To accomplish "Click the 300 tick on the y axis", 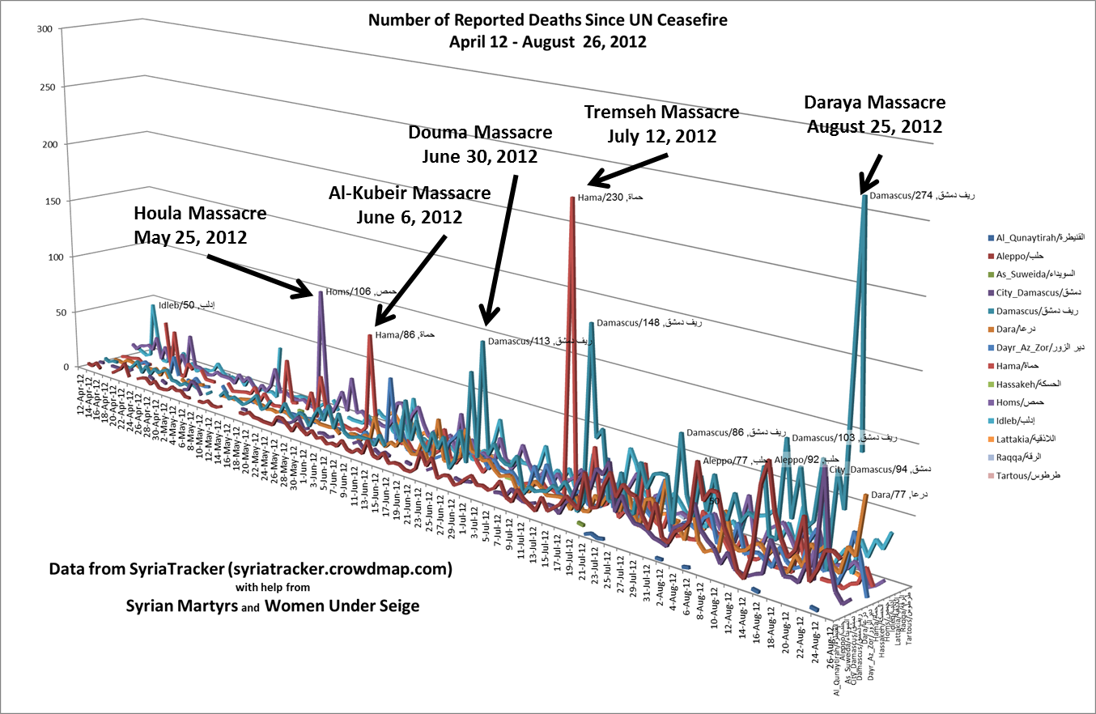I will (x=44, y=29).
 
